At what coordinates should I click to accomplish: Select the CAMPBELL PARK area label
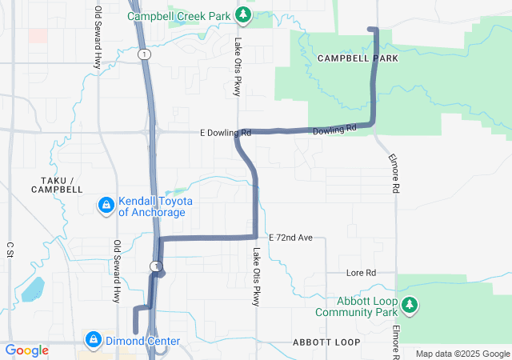[357, 59]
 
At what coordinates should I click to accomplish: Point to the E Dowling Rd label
[226, 132]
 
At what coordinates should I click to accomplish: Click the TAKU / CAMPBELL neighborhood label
[57, 184]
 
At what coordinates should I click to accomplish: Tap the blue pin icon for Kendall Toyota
[105, 206]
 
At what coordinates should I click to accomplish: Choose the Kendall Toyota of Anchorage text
[152, 206]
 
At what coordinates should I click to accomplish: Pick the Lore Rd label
[361, 273]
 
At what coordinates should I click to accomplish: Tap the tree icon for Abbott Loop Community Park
[410, 305]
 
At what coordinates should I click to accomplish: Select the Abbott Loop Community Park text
[356, 306]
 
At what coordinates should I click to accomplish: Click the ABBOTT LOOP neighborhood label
[326, 342]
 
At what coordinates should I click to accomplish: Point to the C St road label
[10, 250]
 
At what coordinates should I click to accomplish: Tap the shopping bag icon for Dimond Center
[94, 341]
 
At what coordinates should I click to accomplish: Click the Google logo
[26, 350]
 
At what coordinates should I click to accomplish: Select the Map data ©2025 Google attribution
[462, 354]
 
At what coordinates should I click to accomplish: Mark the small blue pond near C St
[33, 289]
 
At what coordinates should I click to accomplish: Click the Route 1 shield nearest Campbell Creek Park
[142, 54]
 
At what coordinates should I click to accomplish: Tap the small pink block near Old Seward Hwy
[37, 35]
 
